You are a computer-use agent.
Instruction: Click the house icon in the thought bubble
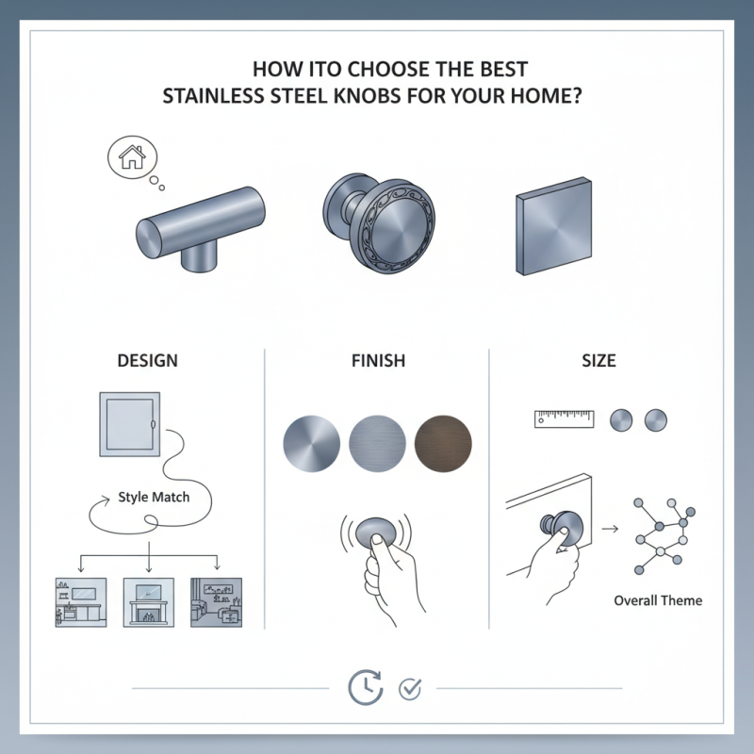click(x=131, y=157)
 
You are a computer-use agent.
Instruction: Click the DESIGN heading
click(x=147, y=361)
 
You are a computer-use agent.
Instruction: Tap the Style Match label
click(x=154, y=497)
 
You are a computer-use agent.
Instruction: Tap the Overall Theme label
click(x=658, y=600)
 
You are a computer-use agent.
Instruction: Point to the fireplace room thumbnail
click(x=149, y=602)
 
